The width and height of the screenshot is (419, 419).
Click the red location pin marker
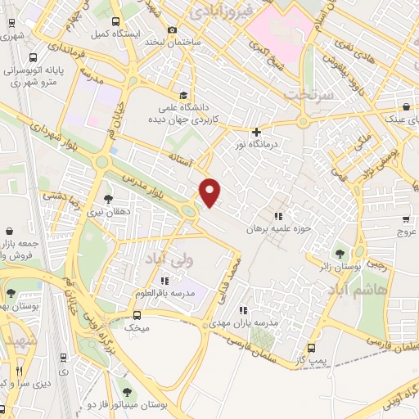(x=210, y=193)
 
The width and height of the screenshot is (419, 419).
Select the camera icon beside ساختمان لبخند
(x=172, y=30)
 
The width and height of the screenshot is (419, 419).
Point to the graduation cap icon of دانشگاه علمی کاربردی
(x=182, y=95)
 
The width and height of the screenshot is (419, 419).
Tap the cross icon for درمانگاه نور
(x=257, y=131)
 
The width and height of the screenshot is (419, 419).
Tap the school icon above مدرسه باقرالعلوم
(x=165, y=281)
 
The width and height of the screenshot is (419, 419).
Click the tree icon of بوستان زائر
(x=340, y=252)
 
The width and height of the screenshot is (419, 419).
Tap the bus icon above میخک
(x=137, y=314)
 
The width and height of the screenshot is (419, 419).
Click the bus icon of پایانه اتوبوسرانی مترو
(x=33, y=58)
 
